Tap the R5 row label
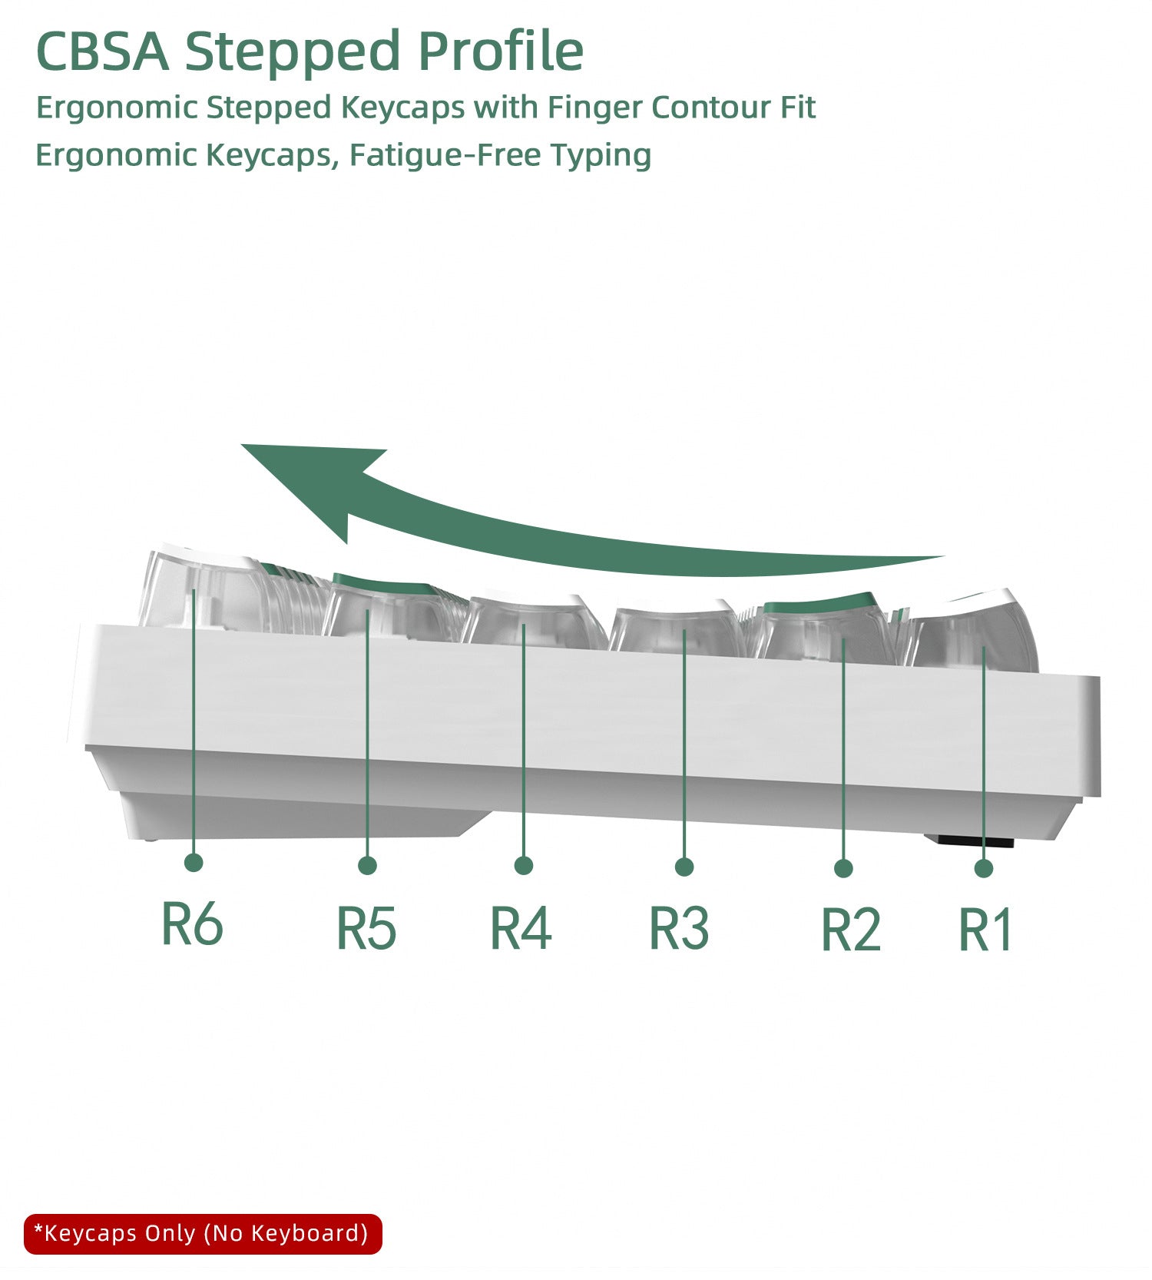coord(366,927)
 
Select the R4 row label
coord(521,927)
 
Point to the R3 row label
coord(679,927)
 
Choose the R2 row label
coord(850,929)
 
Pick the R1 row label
coord(985,929)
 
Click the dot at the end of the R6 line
coord(194,862)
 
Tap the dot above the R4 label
coord(524,866)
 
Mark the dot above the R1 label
coord(984,868)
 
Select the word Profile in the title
coord(501,51)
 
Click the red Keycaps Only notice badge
coord(203,1234)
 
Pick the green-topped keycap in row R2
coord(826,626)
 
